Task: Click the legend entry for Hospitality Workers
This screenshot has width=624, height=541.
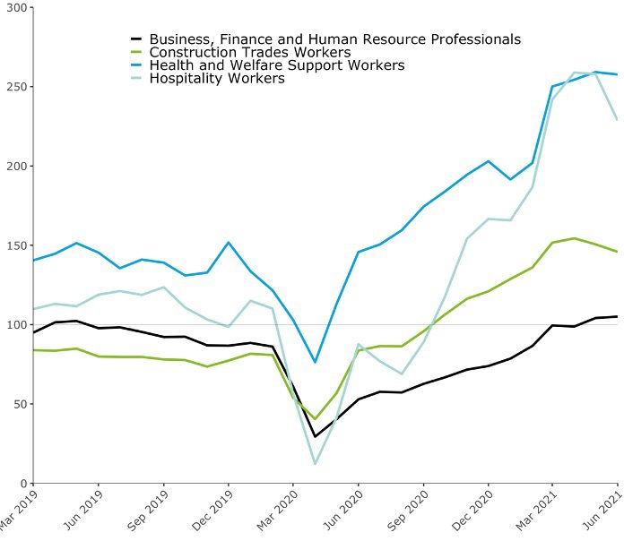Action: tap(217, 79)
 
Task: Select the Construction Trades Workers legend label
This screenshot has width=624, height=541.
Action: tap(249, 53)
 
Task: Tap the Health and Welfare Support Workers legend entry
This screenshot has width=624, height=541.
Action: tap(277, 65)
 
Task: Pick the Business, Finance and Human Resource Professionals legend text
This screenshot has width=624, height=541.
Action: tap(334, 39)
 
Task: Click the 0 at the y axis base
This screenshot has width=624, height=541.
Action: tap(23, 483)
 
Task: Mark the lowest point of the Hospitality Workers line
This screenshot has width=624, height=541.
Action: tap(315, 463)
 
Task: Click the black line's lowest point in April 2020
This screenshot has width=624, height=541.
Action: tap(315, 436)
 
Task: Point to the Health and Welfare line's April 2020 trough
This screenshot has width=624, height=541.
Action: tap(315, 362)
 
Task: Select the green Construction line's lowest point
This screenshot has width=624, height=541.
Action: tap(315, 418)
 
